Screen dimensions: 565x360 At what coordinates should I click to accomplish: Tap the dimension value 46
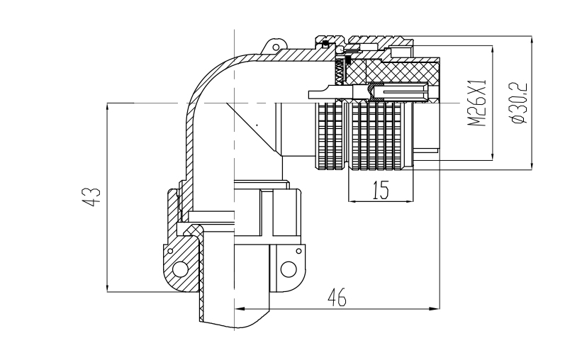click(337, 298)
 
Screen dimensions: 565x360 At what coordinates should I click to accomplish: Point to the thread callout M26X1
click(478, 103)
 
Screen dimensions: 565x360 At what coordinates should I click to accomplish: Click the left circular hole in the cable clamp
click(180, 269)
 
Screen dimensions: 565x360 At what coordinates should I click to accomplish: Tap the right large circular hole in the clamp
click(289, 269)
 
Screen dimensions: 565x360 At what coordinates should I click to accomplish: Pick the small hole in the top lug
click(276, 47)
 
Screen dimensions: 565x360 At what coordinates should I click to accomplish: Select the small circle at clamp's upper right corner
click(298, 251)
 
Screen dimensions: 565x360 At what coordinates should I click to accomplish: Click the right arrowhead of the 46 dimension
click(435, 309)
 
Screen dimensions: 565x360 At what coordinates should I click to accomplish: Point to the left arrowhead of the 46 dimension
click(240, 309)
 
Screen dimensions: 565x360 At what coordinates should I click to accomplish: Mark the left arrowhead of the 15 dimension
click(353, 201)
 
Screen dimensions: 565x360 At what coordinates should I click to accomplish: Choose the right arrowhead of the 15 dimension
click(408, 201)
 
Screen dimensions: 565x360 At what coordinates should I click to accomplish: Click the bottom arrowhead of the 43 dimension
click(108, 287)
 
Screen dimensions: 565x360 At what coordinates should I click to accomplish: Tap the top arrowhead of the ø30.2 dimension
click(532, 40)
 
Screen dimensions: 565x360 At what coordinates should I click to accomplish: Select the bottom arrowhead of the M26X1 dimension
click(493, 155)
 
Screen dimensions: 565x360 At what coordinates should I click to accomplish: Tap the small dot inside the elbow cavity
click(257, 125)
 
